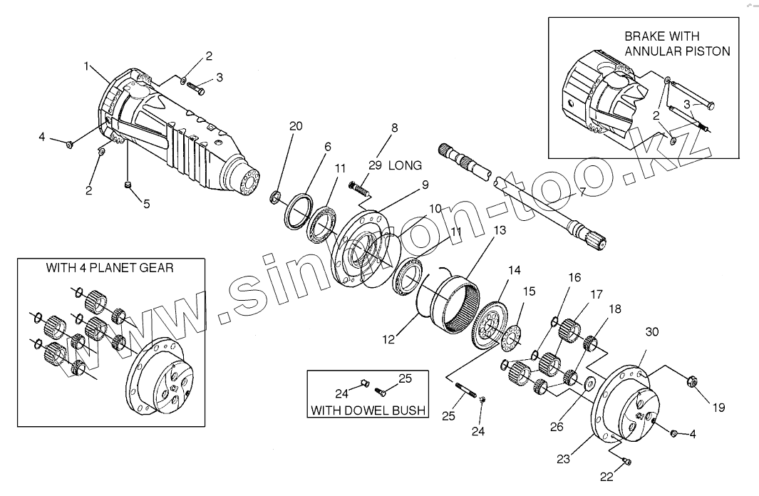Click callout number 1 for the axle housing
click(x=86, y=66)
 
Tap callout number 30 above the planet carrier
click(x=651, y=332)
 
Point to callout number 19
click(x=718, y=408)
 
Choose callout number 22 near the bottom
click(x=606, y=477)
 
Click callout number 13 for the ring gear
click(x=499, y=230)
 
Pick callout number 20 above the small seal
click(x=295, y=126)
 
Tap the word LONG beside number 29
click(x=405, y=165)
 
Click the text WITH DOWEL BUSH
click(x=368, y=410)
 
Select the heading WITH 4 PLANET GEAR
click(x=110, y=269)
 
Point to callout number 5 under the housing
click(x=146, y=204)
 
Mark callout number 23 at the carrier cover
click(x=563, y=460)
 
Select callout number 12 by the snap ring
click(x=388, y=340)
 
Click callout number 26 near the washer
click(x=556, y=427)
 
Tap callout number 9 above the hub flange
click(x=424, y=185)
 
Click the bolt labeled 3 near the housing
click(x=196, y=89)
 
